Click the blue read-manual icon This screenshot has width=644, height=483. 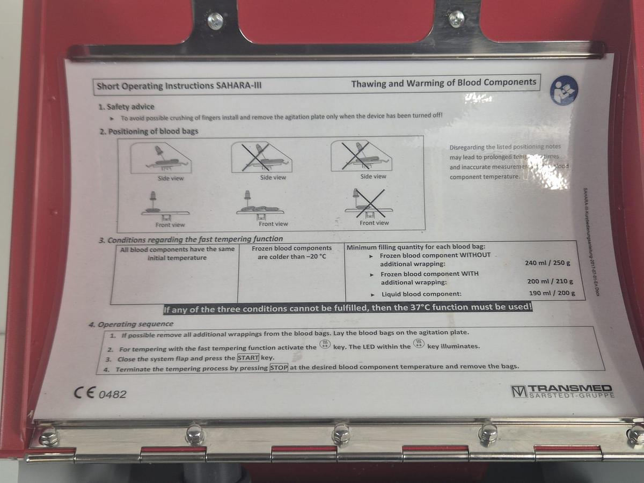(563, 90)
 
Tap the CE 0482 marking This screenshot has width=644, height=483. (100, 393)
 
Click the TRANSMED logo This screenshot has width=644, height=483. (562, 391)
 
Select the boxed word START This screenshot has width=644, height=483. (248, 358)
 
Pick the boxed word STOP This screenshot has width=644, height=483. (279, 368)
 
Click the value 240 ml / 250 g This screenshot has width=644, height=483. (547, 264)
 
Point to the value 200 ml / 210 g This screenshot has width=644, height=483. (550, 282)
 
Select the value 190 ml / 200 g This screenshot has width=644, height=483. (552, 293)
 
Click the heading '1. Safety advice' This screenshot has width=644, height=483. (126, 107)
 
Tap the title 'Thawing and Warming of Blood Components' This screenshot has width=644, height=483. (443, 83)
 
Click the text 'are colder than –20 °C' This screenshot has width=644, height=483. (291, 257)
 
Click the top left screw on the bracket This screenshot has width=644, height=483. (215, 20)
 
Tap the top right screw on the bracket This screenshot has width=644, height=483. (457, 18)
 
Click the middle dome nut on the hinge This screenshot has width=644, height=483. (341, 434)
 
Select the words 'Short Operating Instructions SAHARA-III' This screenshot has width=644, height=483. (179, 85)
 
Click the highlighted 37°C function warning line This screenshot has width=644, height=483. (347, 309)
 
